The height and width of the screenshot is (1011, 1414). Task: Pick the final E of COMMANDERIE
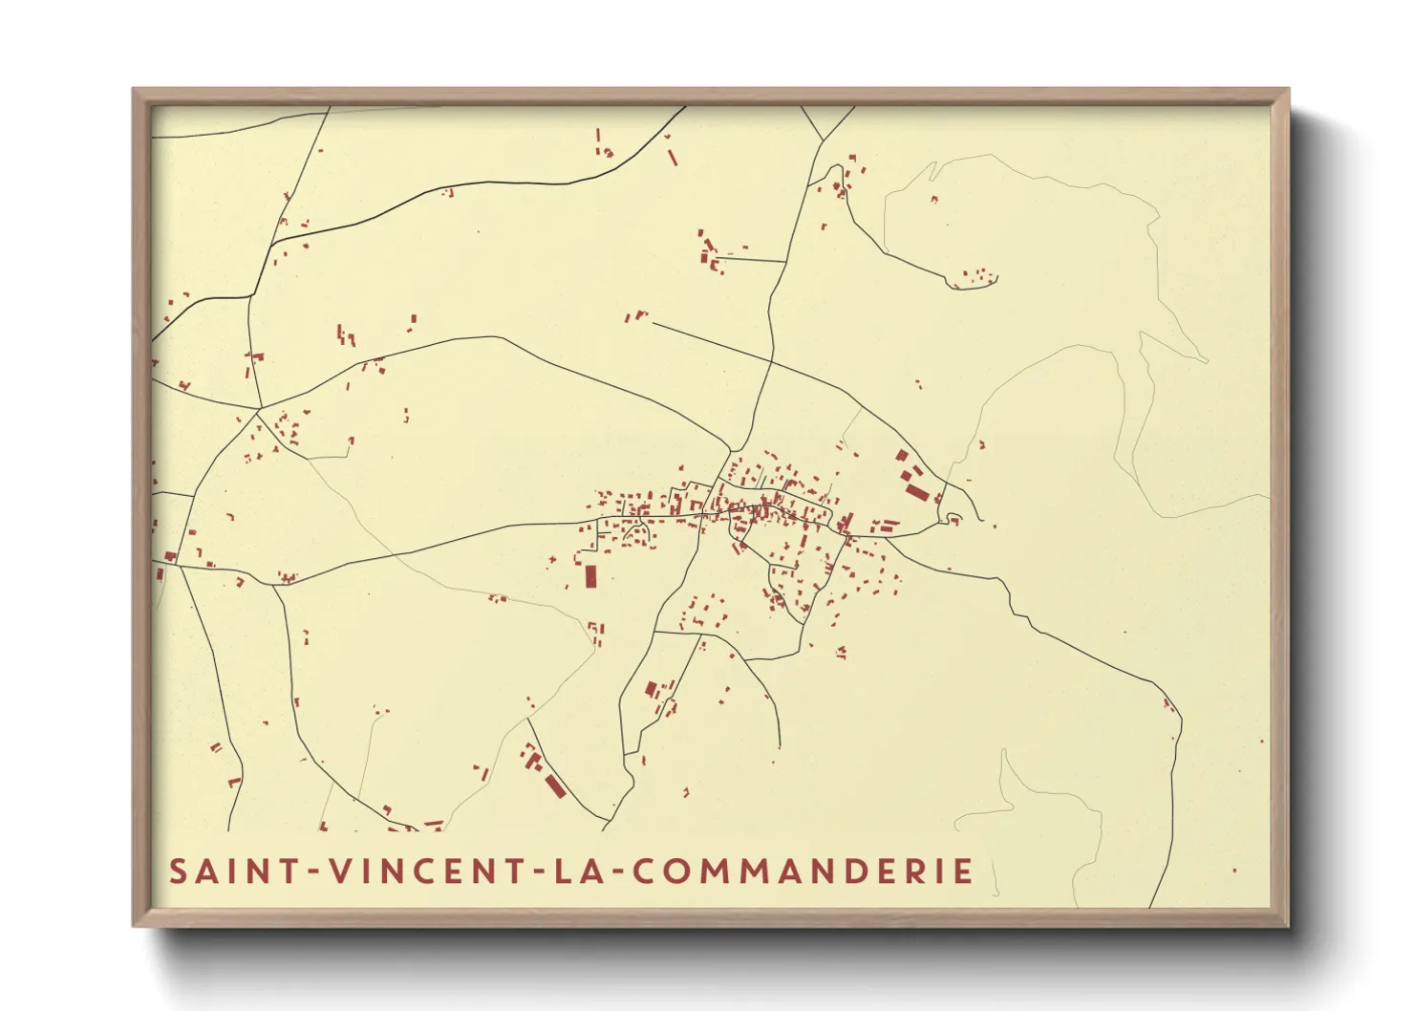coord(964,871)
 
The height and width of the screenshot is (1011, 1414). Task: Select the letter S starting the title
coord(179,871)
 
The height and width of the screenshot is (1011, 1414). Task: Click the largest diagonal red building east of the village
coord(917,492)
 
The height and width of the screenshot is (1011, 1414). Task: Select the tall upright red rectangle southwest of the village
coord(590,576)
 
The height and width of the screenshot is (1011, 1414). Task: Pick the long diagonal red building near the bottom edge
coord(554,785)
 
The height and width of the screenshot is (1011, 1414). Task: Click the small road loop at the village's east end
coord(953,519)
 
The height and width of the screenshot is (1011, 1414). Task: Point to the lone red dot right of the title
coord(1234,871)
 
